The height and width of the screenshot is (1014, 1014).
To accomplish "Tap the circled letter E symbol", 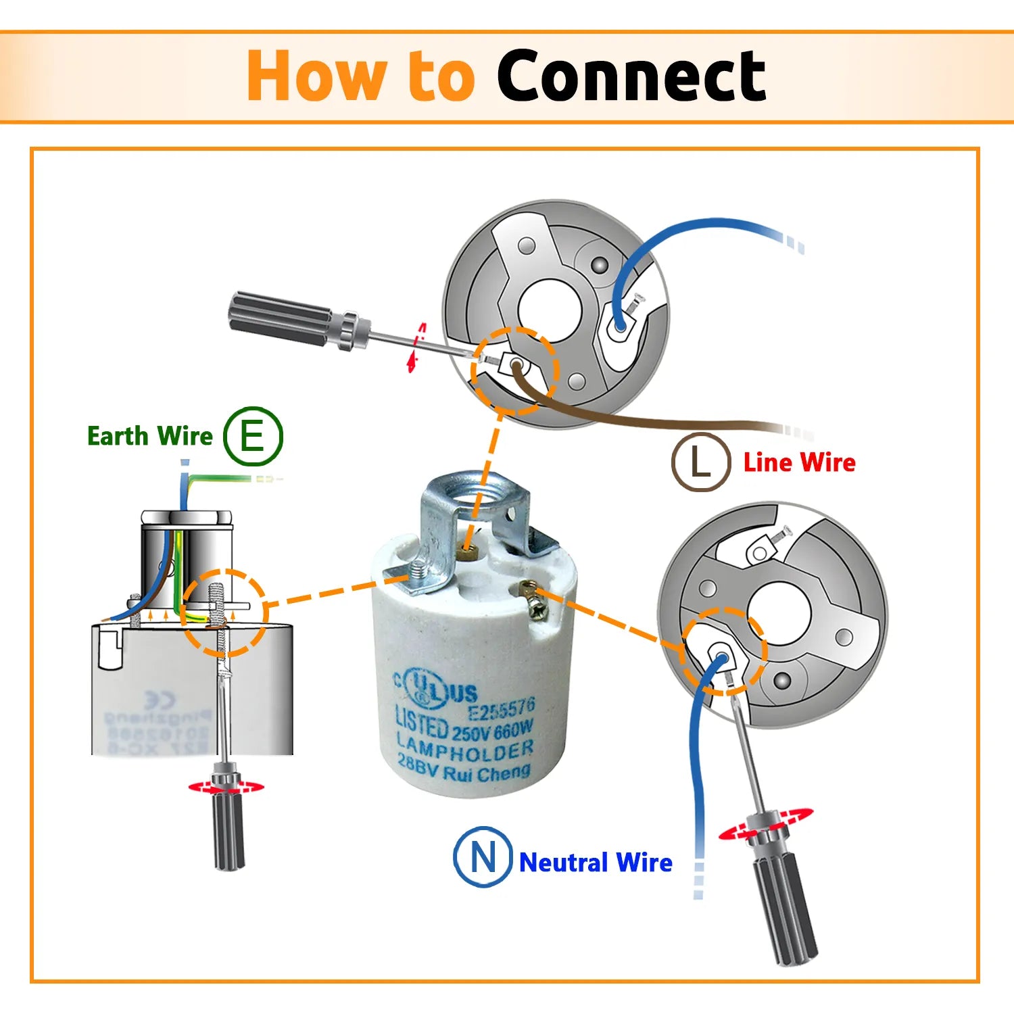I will tap(253, 436).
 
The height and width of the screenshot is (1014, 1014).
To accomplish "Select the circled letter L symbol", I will tap(700, 462).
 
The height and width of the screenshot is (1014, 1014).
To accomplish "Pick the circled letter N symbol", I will tap(482, 856).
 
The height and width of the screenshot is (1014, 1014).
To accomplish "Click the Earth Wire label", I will tap(149, 436).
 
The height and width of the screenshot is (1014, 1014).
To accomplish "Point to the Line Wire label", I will tap(799, 462).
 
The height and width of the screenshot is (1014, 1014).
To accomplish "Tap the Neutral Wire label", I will tap(596, 863).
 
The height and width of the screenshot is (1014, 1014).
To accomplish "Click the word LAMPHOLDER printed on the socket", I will tap(465, 750).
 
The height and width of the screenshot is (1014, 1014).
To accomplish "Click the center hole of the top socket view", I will tap(549, 310).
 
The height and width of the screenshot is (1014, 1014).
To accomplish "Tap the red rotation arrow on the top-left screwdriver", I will tap(416, 347).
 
